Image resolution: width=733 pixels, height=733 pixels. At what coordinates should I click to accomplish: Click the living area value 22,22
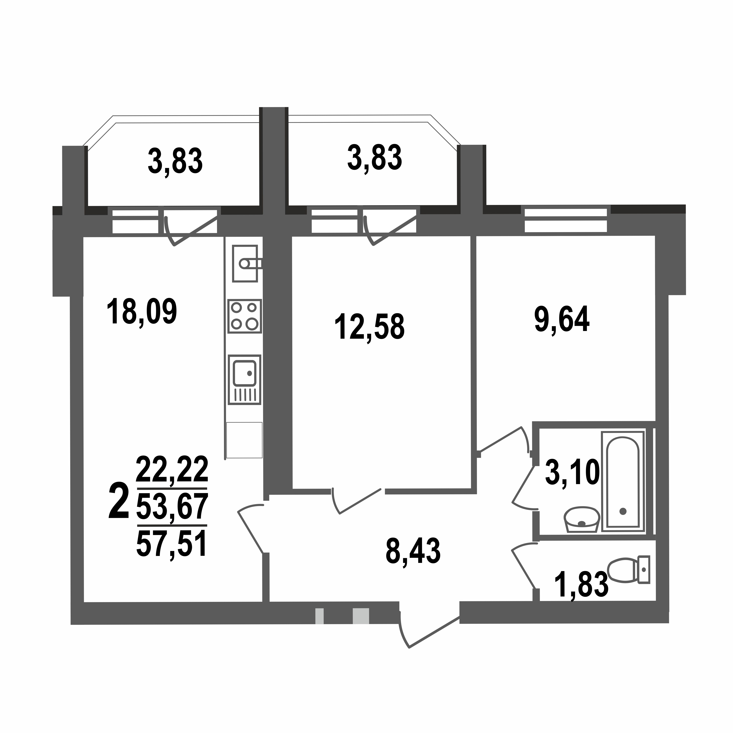pyautogui.click(x=172, y=470)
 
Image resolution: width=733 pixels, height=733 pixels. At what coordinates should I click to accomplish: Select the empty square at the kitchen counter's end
pyautogui.click(x=244, y=440)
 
